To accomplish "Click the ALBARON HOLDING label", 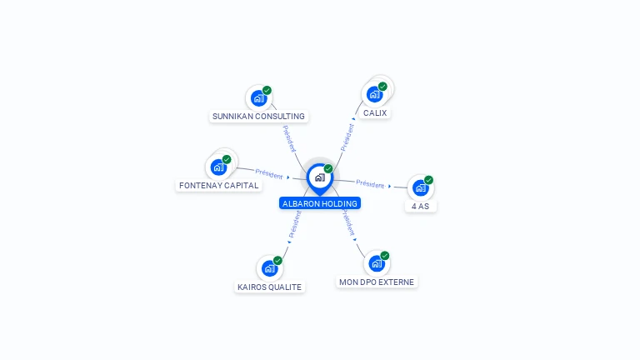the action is [320, 203].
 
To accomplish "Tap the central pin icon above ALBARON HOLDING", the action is [320, 178].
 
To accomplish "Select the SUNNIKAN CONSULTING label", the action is [258, 117].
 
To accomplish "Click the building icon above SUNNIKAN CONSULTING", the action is [259, 98].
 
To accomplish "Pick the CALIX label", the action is [375, 113].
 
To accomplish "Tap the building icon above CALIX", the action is [374, 94].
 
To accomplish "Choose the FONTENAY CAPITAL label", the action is [219, 185].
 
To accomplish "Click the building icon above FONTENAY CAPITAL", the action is [219, 167].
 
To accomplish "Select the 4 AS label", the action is [420, 207].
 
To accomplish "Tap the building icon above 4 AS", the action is [420, 188].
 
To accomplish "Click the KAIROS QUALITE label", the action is [269, 287].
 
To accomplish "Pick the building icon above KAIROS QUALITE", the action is [269, 268].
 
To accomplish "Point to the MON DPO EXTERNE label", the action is [377, 282].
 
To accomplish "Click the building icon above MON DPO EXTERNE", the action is [377, 263].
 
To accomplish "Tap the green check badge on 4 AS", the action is [428, 180].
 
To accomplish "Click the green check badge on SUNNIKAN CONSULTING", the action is [267, 90].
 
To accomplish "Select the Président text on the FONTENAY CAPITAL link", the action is [269, 174].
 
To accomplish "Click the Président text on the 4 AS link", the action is [370, 184].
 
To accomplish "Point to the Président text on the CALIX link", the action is [347, 137].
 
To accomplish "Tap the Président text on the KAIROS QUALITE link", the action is [295, 224].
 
